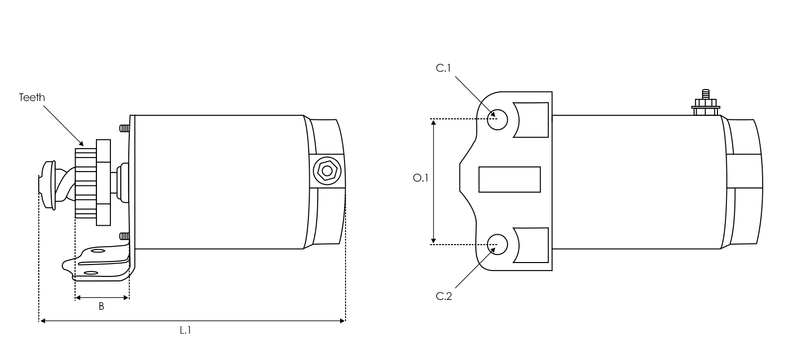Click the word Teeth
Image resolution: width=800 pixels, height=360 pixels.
click(32, 97)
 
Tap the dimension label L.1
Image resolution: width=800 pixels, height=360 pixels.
click(185, 330)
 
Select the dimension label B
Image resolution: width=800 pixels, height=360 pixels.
click(101, 307)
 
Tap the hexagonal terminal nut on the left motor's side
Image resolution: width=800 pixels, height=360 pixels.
click(325, 171)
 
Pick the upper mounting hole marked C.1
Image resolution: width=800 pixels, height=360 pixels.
click(498, 119)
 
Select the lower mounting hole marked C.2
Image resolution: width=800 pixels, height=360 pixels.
click(498, 242)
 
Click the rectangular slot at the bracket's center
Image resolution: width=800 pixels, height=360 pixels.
click(510, 179)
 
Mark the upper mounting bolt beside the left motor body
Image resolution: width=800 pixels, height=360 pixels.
click(123, 127)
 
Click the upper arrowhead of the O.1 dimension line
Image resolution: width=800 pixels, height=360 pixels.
click(433, 122)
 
